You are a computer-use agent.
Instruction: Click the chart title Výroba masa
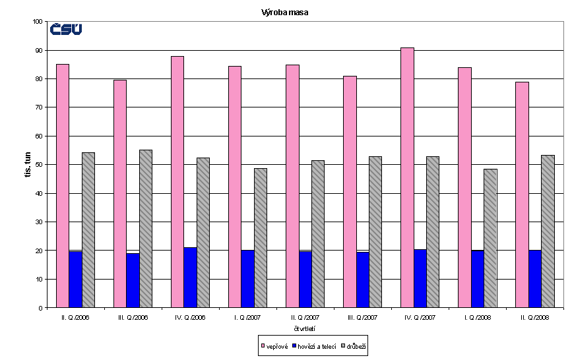tap(286, 12)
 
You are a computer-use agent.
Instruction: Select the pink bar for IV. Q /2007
tap(407, 178)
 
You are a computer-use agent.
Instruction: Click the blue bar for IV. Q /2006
tap(190, 278)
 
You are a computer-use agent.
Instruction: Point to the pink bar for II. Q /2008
tap(522, 195)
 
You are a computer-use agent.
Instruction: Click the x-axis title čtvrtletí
tap(305, 328)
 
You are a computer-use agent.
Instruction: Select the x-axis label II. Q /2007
tap(305, 317)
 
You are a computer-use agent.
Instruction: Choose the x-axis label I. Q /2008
tap(477, 317)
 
